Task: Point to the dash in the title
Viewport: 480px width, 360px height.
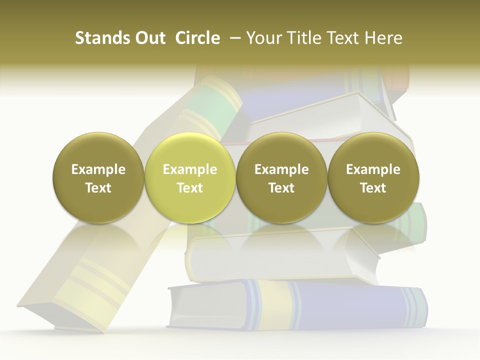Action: click(x=233, y=38)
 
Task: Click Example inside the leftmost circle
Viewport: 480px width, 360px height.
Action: click(x=98, y=169)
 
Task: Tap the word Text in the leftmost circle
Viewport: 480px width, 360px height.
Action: click(x=98, y=188)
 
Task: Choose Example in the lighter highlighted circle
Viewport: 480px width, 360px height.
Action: click(x=190, y=169)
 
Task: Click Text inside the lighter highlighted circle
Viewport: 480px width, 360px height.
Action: click(x=190, y=188)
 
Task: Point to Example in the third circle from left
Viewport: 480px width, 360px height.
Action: click(x=281, y=169)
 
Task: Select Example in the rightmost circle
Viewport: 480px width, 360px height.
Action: click(x=373, y=169)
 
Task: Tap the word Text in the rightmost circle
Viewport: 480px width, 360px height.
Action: click(x=373, y=188)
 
